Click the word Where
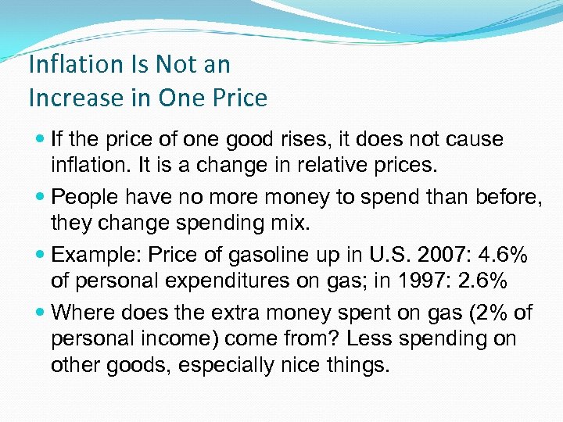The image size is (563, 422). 82,313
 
